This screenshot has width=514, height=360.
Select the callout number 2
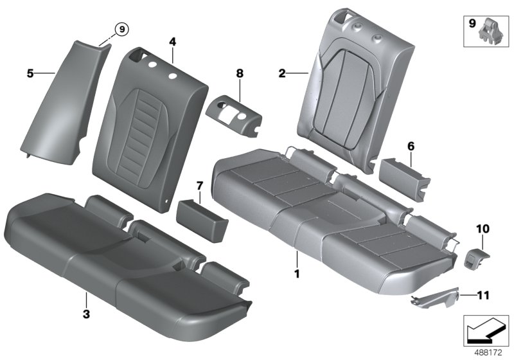click(281, 74)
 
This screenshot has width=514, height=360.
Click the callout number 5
click(30, 73)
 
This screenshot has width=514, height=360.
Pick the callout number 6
click(411, 147)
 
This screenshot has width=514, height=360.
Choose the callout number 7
click(200, 186)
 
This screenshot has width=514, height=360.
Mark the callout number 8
click(240, 74)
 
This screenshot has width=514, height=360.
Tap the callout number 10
click(482, 228)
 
